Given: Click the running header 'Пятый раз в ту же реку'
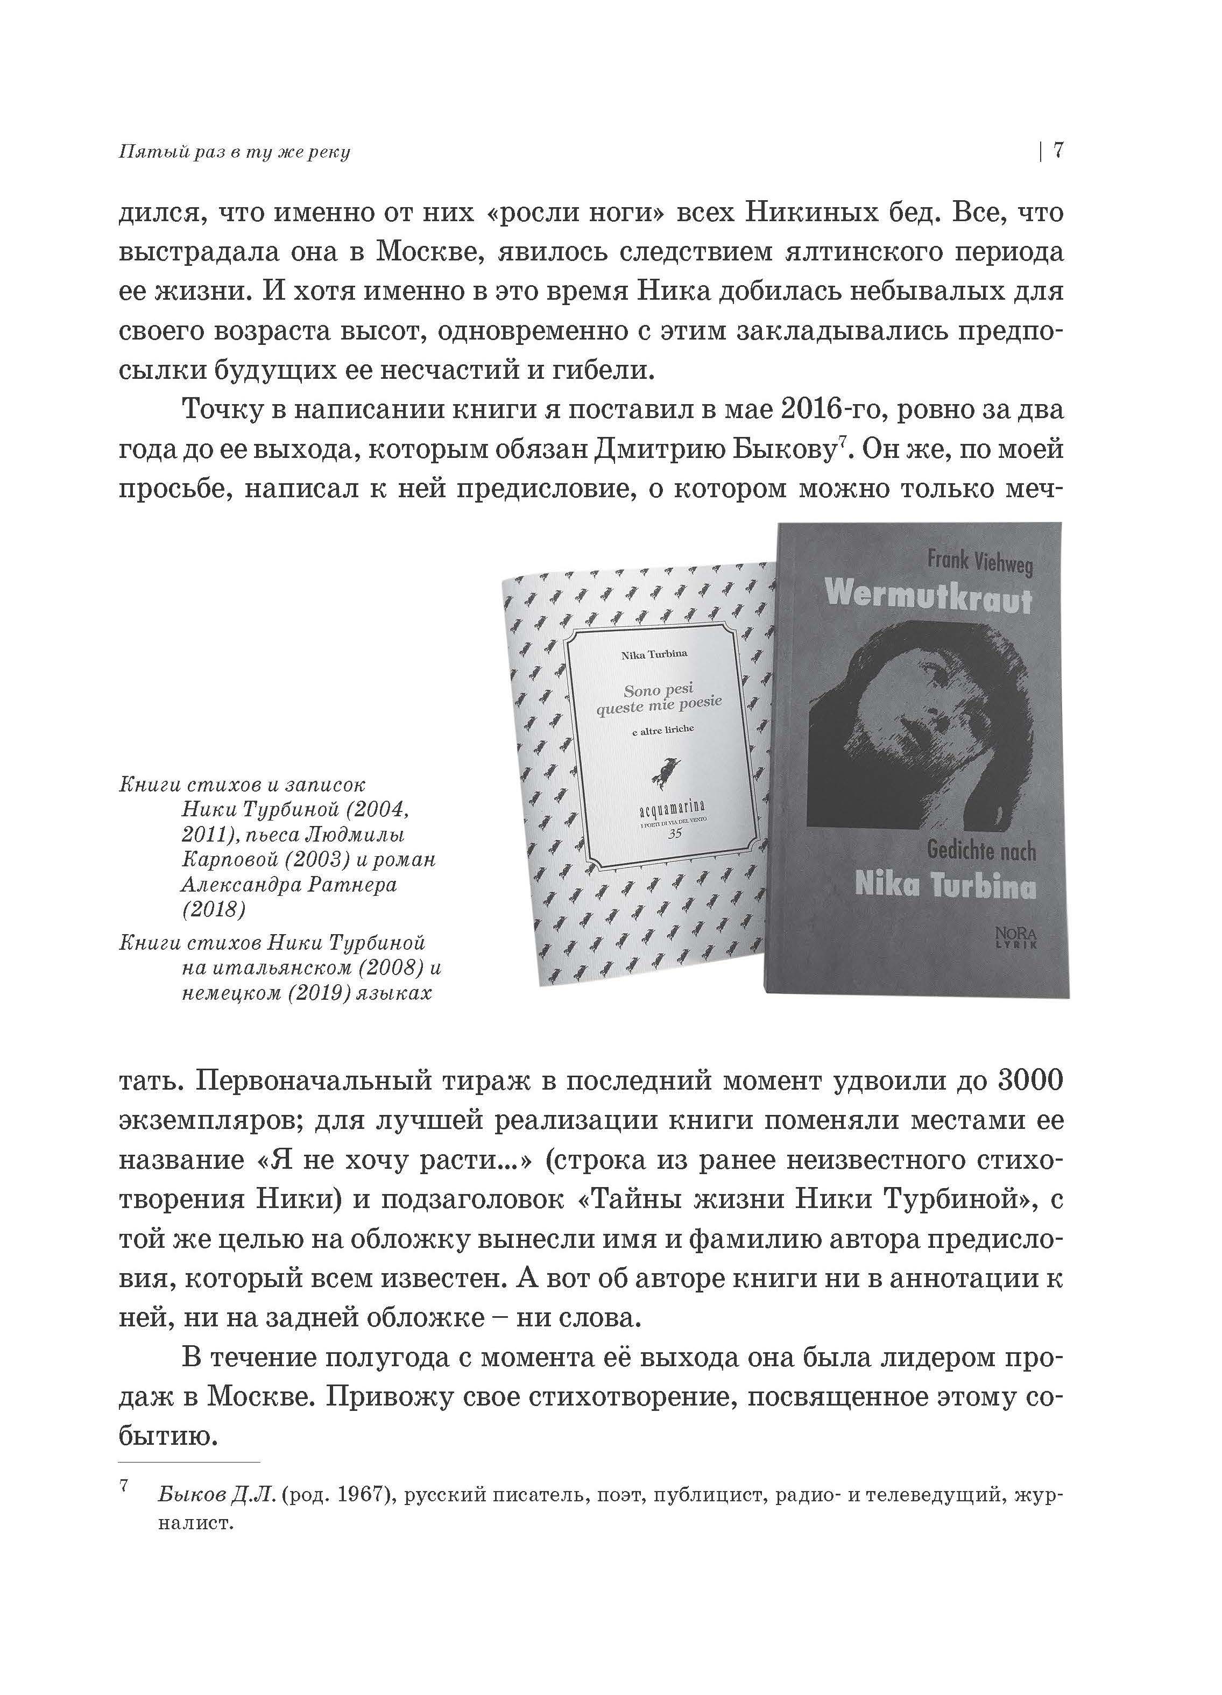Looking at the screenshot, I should pos(234,152).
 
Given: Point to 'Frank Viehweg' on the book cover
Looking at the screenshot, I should pos(980,561).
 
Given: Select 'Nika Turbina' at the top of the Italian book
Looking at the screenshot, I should pos(654,655).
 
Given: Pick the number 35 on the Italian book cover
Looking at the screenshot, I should pos(674,834).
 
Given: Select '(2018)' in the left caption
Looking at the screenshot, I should pos(213,909).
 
